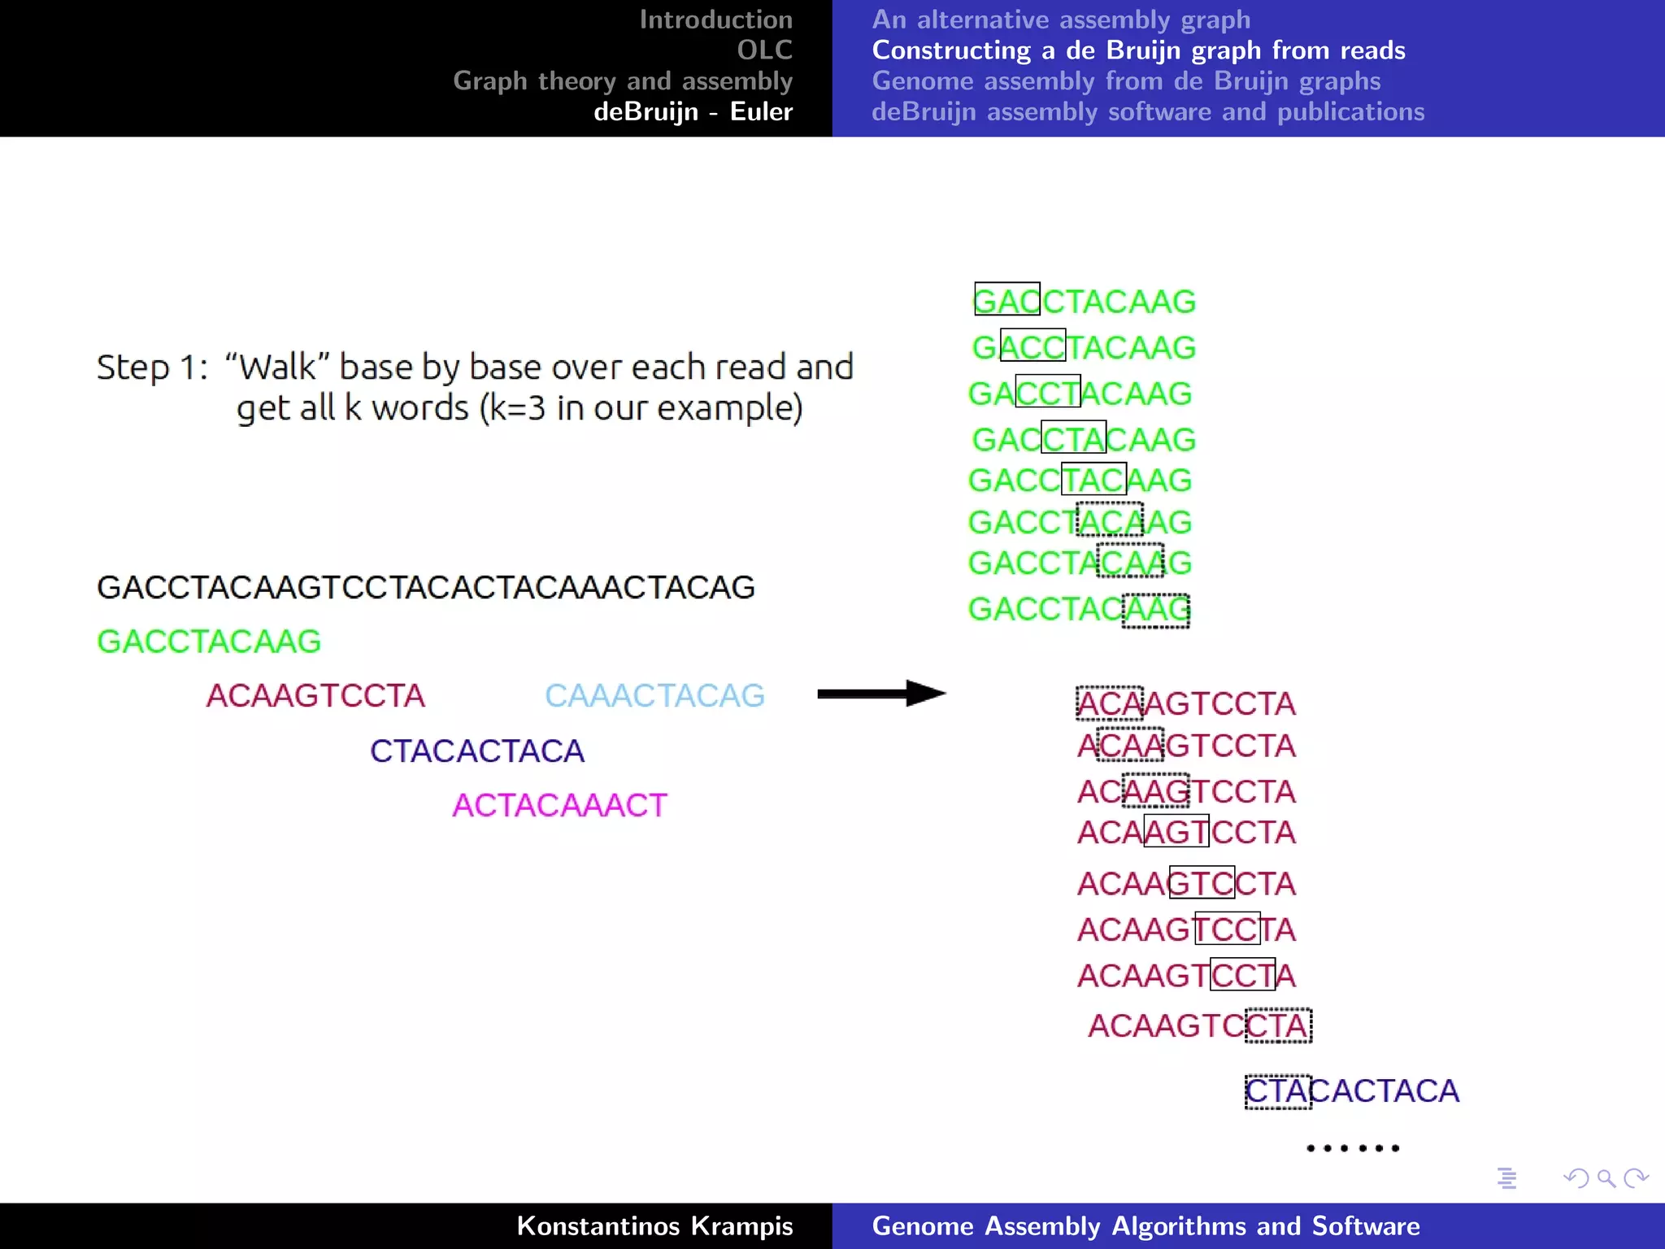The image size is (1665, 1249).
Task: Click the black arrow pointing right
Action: pyautogui.click(x=881, y=694)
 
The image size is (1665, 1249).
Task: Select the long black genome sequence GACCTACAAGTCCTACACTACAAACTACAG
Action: pyautogui.click(x=426, y=587)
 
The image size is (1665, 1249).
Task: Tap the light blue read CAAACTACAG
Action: pyautogui.click(x=654, y=696)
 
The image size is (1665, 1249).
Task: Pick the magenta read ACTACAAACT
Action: pyautogui.click(x=559, y=806)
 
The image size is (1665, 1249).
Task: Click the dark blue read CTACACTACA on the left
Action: pyautogui.click(x=477, y=751)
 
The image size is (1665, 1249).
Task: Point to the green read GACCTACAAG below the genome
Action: pyautogui.click(x=209, y=642)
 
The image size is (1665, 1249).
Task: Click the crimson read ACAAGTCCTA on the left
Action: pyautogui.click(x=315, y=696)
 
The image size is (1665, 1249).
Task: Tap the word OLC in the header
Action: pyautogui.click(x=764, y=50)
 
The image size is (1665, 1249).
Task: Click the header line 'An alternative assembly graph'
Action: pyautogui.click(x=1061, y=20)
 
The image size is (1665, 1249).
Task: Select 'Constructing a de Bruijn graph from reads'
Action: pyautogui.click(x=1138, y=50)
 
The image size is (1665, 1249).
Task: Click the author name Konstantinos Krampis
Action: pyautogui.click(x=654, y=1225)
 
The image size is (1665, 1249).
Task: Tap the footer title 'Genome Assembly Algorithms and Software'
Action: pyautogui.click(x=1146, y=1225)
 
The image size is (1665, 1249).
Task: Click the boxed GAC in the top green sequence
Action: pyautogui.click(x=1007, y=299)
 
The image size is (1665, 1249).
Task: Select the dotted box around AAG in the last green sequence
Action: pyautogui.click(x=1155, y=610)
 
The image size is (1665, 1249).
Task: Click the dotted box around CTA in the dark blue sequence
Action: pyautogui.click(x=1277, y=1091)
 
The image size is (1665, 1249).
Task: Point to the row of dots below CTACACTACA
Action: pyautogui.click(x=1353, y=1148)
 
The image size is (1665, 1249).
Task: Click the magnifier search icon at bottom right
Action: pyautogui.click(x=1606, y=1178)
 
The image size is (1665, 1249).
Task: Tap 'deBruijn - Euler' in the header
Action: pyautogui.click(x=693, y=111)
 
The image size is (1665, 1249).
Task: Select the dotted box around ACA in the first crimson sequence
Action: pyautogui.click(x=1110, y=703)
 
